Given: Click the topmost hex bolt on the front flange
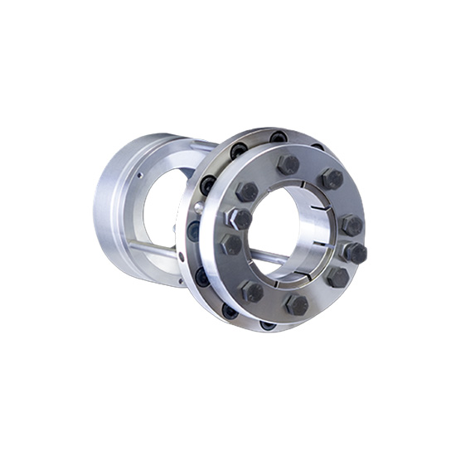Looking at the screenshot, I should tap(288, 164).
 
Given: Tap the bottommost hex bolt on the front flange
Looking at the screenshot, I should tap(296, 304).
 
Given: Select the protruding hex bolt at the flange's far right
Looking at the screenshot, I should tap(354, 253).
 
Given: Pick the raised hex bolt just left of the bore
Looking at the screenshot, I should tap(239, 219).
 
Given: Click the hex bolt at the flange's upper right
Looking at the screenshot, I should tap(332, 179).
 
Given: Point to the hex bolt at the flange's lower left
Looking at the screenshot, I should tap(252, 291).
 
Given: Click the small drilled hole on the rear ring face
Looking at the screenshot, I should tap(139, 176).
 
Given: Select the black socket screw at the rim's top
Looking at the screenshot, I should tap(279, 137).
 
